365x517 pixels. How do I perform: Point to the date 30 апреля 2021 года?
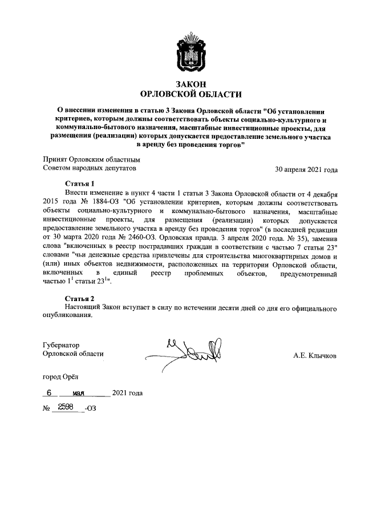(x=306, y=169)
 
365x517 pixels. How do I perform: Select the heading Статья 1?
(x=80, y=184)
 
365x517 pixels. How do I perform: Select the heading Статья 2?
(x=80, y=298)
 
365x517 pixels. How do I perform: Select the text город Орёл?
(x=62, y=377)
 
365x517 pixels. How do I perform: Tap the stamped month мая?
(x=83, y=393)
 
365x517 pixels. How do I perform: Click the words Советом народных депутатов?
(x=90, y=169)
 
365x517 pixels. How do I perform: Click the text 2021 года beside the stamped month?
(x=128, y=393)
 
